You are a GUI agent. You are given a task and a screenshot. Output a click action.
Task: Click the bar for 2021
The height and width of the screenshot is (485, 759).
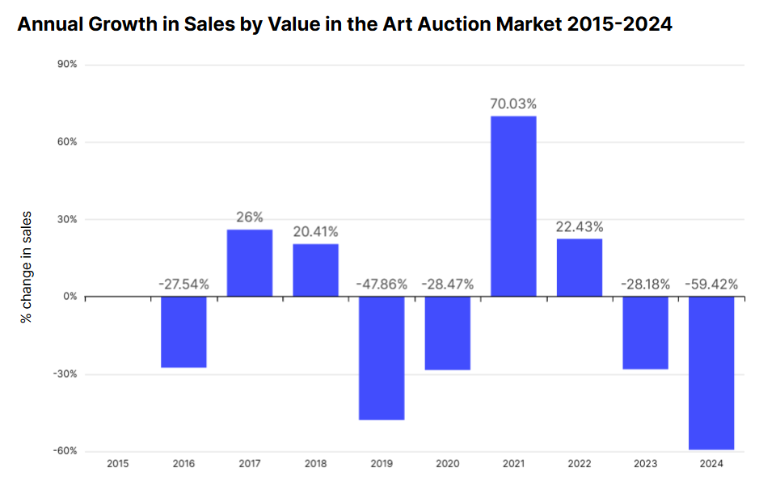click(513, 206)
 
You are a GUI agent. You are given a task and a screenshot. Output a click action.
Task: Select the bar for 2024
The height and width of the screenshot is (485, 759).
click(711, 373)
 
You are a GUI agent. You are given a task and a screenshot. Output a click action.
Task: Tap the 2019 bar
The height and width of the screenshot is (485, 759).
click(382, 358)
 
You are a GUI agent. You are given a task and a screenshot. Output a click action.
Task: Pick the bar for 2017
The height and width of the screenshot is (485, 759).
click(250, 263)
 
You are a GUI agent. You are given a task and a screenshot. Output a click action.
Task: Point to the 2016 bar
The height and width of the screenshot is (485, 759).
click(183, 332)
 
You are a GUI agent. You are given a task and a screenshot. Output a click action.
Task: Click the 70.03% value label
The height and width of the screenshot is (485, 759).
click(513, 104)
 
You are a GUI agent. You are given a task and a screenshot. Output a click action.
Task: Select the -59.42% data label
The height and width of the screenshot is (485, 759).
click(711, 284)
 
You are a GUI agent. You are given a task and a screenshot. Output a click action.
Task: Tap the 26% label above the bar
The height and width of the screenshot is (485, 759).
click(250, 217)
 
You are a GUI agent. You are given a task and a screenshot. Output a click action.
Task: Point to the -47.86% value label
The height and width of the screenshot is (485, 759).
click(382, 284)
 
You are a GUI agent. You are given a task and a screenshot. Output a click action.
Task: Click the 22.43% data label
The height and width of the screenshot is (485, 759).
click(580, 226)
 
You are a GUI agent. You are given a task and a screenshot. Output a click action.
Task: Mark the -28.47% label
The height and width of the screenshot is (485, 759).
click(448, 284)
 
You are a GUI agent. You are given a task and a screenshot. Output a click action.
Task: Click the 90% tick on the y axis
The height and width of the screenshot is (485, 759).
click(65, 65)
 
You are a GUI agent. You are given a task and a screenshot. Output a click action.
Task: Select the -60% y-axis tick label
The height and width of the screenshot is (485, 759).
click(64, 451)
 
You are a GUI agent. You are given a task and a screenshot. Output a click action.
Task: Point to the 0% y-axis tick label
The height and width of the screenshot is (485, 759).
click(68, 297)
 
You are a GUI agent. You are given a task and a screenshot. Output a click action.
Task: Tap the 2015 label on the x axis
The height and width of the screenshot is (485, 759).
click(117, 464)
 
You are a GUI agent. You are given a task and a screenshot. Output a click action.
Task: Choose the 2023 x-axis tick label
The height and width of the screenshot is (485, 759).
click(646, 464)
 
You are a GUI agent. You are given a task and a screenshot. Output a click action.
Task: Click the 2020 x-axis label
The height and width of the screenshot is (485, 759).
click(448, 464)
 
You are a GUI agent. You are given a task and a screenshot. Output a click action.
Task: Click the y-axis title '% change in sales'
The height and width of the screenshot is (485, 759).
click(27, 267)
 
